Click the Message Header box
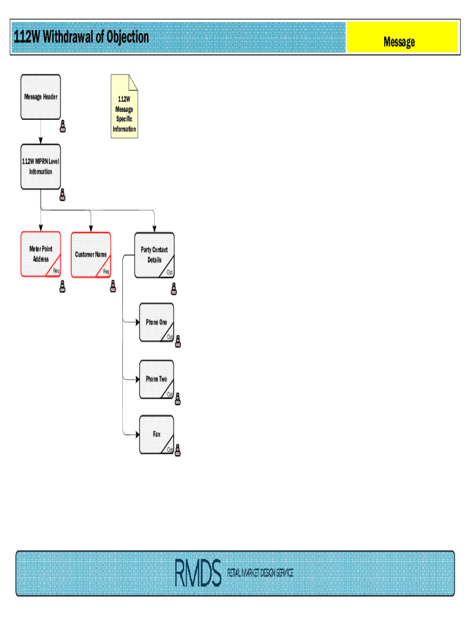(41, 97)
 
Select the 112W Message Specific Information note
(124, 107)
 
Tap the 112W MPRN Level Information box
(41, 167)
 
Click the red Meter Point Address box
(41, 254)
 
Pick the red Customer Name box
(91, 254)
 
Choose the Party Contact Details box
(154, 254)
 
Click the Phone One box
(156, 322)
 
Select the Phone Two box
(156, 379)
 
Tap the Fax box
(156, 435)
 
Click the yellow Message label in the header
(399, 42)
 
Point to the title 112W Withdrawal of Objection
(81, 38)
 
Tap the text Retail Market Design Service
(260, 573)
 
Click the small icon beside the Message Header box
(62, 127)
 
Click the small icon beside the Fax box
(177, 451)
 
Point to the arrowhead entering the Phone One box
(137, 321)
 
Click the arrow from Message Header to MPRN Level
(41, 131)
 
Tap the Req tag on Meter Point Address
(56, 271)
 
